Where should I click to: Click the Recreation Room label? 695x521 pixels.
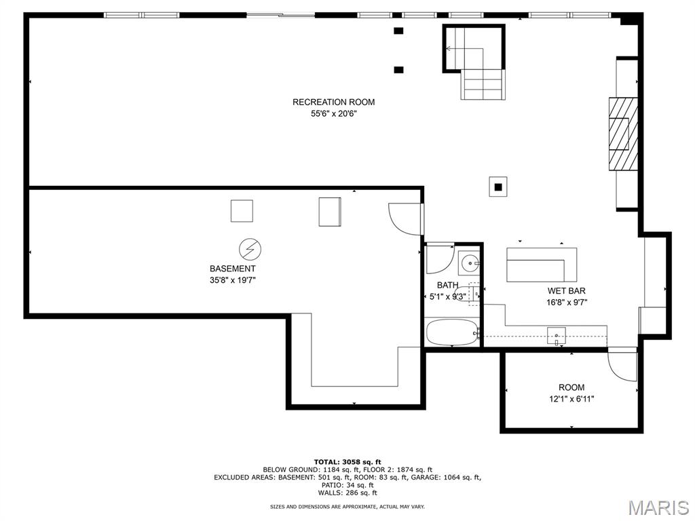click(x=333, y=102)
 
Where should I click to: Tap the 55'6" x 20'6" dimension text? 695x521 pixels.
click(x=333, y=114)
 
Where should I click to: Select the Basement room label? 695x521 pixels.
click(x=232, y=269)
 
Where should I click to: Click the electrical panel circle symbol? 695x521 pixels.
click(x=250, y=250)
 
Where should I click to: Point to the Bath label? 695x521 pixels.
click(x=447, y=285)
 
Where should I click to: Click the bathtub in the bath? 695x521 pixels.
click(x=451, y=332)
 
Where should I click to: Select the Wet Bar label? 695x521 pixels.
click(x=566, y=290)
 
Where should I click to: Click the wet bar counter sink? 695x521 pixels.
click(x=557, y=336)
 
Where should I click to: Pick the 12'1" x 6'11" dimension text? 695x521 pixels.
click(x=571, y=399)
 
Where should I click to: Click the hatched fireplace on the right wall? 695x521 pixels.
click(x=623, y=134)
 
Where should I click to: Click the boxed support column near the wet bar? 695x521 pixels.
click(x=498, y=187)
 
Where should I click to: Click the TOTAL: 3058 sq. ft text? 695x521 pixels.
click(x=347, y=462)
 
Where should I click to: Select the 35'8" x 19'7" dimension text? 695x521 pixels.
click(x=232, y=280)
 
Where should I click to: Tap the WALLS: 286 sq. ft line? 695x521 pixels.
click(x=347, y=493)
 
